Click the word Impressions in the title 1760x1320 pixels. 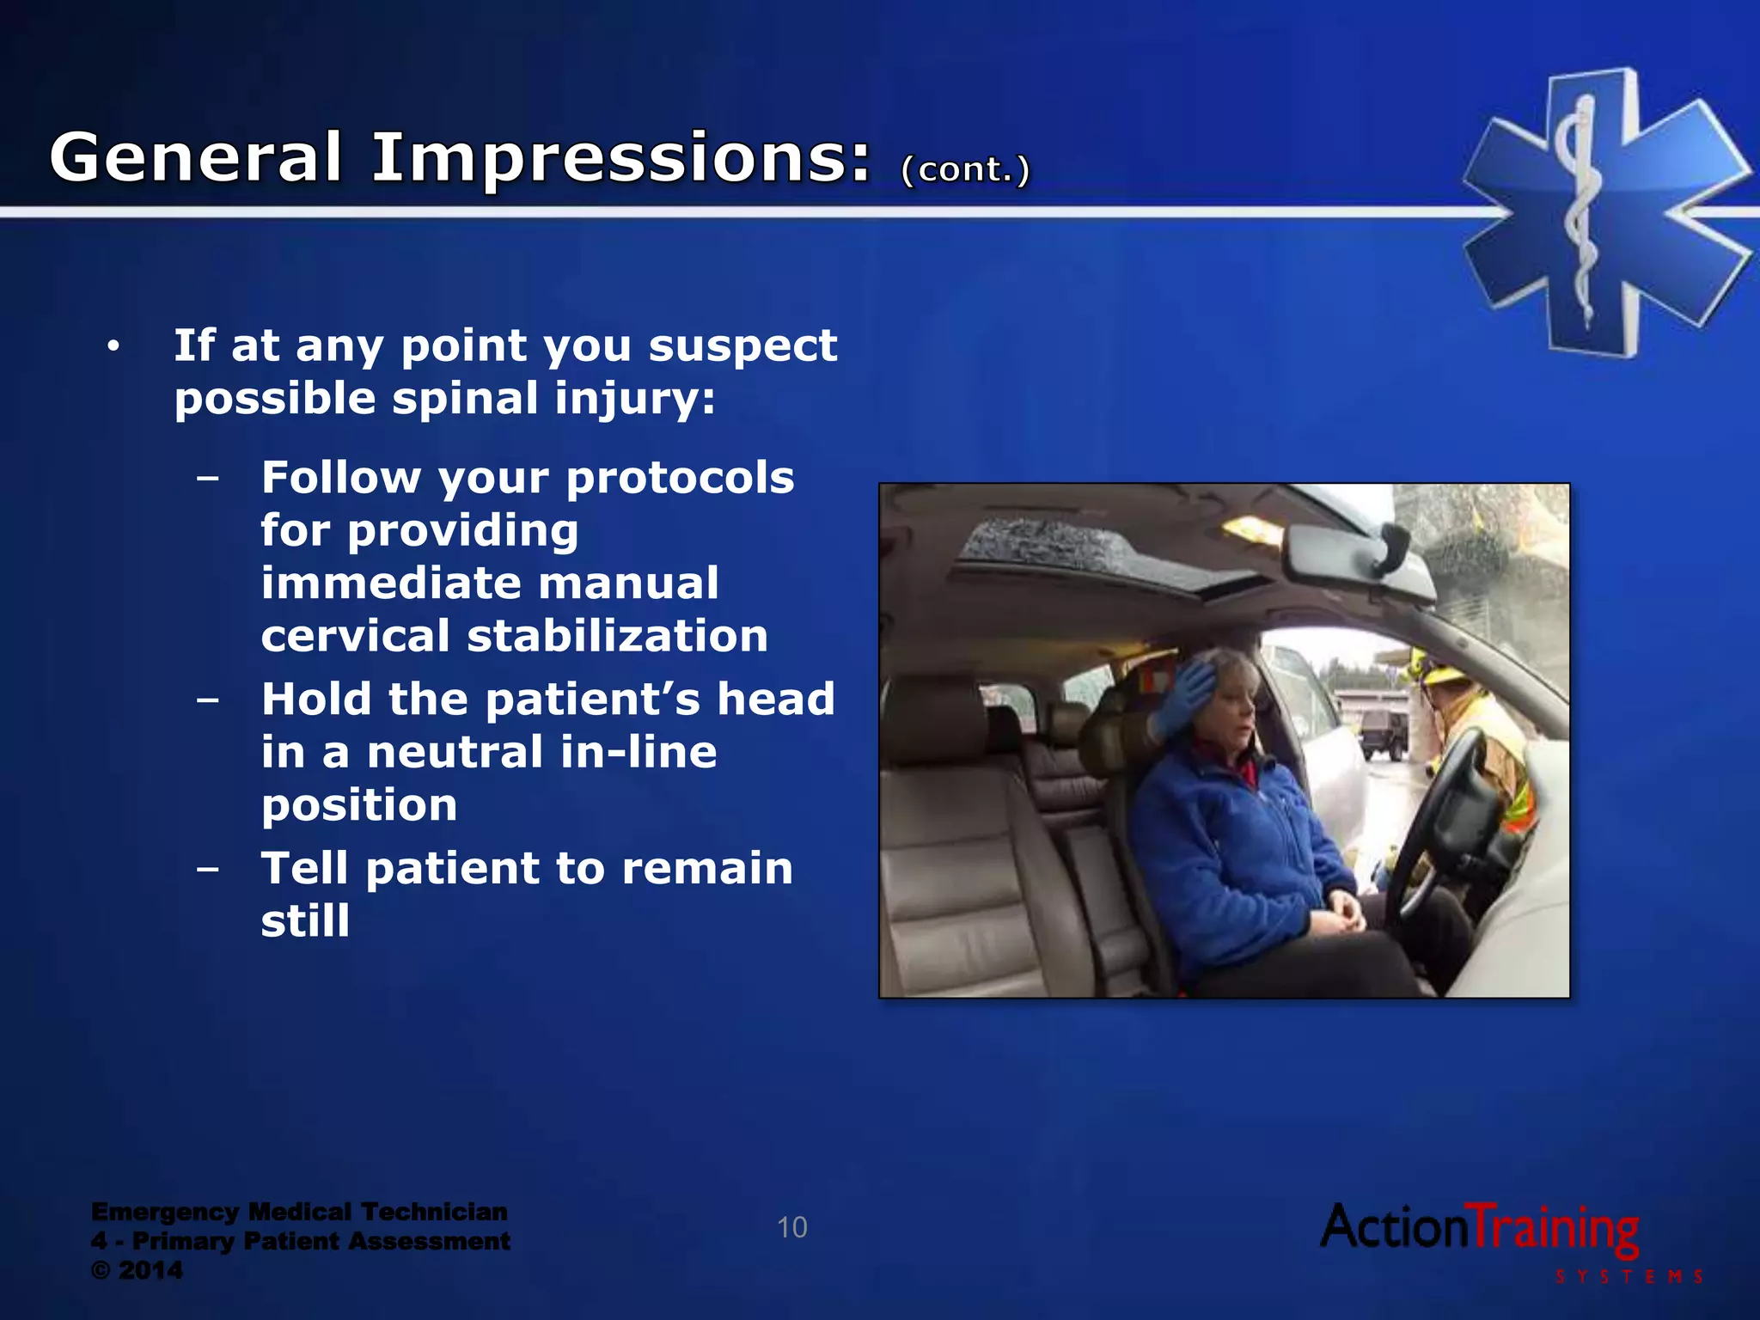(x=620, y=160)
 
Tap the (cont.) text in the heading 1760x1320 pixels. (x=964, y=169)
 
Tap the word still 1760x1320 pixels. (x=305, y=921)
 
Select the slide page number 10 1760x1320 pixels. (x=791, y=1227)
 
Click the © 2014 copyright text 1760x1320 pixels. (x=137, y=1270)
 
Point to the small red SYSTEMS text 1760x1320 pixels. (x=1629, y=1277)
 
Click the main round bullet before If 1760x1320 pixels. (x=113, y=346)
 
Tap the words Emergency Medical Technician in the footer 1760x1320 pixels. (x=299, y=1212)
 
